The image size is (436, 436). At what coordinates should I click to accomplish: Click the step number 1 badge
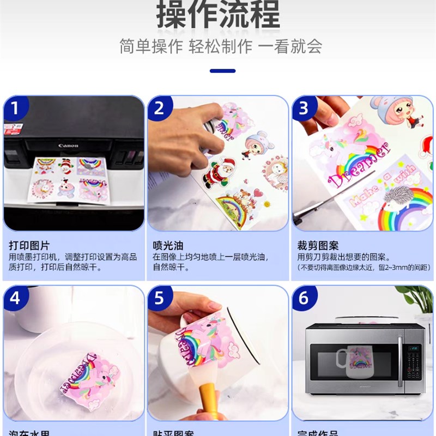coord(15,108)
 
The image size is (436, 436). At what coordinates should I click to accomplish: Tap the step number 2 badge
coord(159,108)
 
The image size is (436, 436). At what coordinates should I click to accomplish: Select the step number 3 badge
coord(304,108)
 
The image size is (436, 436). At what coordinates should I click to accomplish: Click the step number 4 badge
coord(15,298)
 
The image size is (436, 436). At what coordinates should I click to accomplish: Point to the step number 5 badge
coord(159,298)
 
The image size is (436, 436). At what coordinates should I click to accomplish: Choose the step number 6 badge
coord(304,298)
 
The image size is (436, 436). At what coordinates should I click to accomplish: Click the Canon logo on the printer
coord(69,146)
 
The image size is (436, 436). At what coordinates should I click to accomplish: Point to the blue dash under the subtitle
coord(222,71)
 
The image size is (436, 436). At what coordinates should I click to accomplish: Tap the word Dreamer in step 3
coord(360,163)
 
